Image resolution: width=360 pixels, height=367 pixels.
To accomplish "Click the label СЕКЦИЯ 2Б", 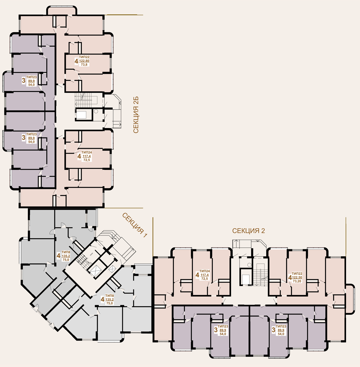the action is point(136,115).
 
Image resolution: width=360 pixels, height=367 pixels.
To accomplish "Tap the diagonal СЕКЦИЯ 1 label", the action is point(135,225).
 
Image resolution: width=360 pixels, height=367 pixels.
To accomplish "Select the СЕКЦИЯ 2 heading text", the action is point(248,231).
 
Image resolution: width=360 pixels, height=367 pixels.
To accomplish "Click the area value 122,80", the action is point(84,61).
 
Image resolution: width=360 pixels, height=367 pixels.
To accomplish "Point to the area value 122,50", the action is point(297,277).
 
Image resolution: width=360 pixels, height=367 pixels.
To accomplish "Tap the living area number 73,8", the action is point(84,65).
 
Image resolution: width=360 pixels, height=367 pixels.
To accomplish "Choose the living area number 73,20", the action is point(297,281).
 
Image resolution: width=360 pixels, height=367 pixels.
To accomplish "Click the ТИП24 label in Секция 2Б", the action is point(86,152).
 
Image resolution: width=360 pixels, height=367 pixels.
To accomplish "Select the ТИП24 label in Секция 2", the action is point(205,271).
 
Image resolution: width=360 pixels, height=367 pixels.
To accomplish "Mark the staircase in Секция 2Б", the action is point(86,100).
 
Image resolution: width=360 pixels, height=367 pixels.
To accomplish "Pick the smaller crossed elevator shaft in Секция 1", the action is point(113,269).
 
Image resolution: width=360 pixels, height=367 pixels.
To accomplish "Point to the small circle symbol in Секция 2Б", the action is point(96,112).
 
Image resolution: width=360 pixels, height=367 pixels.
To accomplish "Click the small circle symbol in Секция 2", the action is point(249,265).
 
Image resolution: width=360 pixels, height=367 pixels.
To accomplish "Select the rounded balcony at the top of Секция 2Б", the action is point(61,11).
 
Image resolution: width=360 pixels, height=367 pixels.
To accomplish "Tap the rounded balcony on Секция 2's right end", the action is point(350,299).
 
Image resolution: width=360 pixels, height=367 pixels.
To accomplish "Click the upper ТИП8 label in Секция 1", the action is point(66,252).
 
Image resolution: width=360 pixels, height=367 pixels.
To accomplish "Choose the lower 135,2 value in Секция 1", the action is point(109,299).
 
